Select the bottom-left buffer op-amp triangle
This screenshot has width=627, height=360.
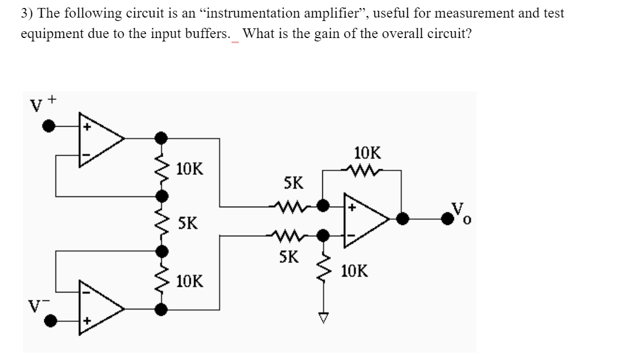[x=99, y=309]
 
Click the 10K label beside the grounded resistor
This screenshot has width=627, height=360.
[x=355, y=271]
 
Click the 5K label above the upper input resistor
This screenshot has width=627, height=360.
[x=293, y=183]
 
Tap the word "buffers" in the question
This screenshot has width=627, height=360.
[x=211, y=34]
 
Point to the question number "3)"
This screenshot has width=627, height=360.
[x=27, y=14]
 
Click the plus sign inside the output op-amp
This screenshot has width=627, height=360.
[x=352, y=208]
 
